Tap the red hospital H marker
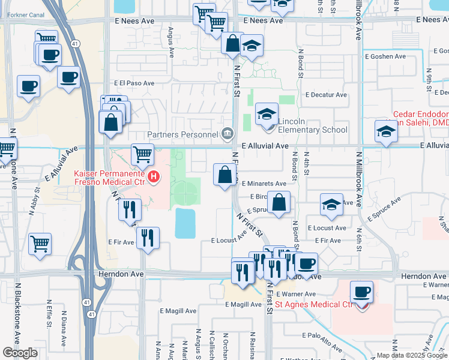click(x=154, y=176)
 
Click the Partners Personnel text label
click(x=184, y=133)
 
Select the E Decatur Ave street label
click(x=326, y=95)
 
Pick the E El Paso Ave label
click(x=134, y=84)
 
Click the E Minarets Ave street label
click(x=264, y=184)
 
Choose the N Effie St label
click(x=49, y=313)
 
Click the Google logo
click(x=20, y=353)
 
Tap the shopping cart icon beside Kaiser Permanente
click(x=142, y=154)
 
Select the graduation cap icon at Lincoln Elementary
click(x=267, y=113)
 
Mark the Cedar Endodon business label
click(x=421, y=115)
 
